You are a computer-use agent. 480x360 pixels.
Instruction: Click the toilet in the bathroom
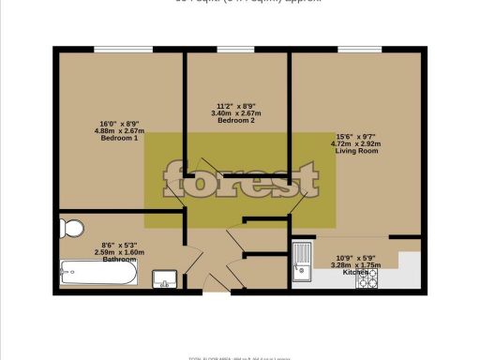(x=72, y=227)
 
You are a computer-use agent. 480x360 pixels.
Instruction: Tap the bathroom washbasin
(x=164, y=278)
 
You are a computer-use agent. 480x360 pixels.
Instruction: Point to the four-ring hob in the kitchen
(x=366, y=272)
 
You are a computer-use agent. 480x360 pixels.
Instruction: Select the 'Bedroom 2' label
(x=236, y=121)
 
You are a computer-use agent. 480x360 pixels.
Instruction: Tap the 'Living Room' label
(x=357, y=150)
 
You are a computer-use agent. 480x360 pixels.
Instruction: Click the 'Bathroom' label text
(x=120, y=260)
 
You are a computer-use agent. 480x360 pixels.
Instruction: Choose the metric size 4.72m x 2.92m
(x=357, y=142)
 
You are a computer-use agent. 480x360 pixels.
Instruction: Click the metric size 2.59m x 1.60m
(x=119, y=252)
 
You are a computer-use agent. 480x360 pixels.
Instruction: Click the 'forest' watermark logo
(x=241, y=178)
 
